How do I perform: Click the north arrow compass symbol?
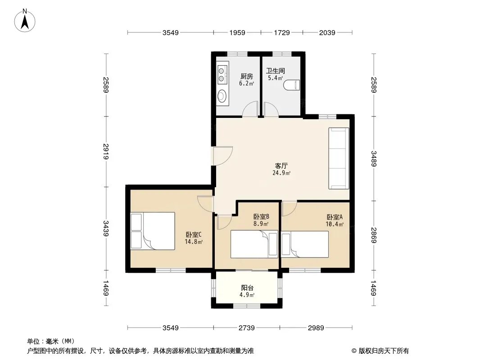point(25,21)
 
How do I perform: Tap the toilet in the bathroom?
point(292,85)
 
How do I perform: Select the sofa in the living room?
point(339,158)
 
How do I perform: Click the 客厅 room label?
point(281,166)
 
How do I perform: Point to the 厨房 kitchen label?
point(247,76)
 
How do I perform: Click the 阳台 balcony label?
point(247,288)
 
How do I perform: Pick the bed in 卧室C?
point(153,231)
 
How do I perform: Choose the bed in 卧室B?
point(254,244)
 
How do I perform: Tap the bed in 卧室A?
point(305,244)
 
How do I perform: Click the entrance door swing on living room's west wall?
point(223,156)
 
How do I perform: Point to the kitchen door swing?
point(250,109)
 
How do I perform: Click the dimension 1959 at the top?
point(238,32)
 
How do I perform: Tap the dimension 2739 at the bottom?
point(247,328)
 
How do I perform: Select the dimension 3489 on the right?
point(373,159)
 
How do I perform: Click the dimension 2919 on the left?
point(106,151)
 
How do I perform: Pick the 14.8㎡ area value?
point(194,242)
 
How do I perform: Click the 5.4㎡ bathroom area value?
point(276,78)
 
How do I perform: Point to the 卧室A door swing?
point(289,208)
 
